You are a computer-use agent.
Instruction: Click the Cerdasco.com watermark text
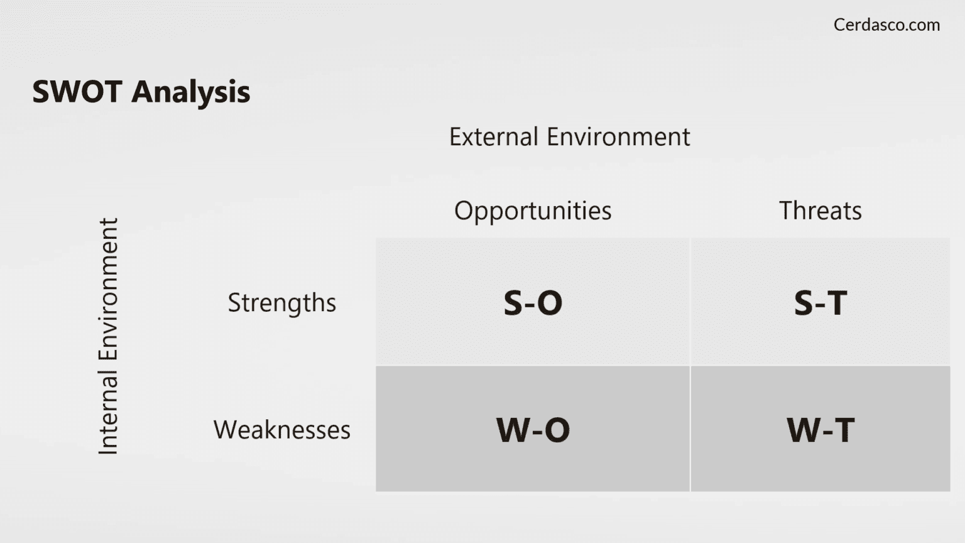point(886,25)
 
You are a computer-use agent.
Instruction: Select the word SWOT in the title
point(77,92)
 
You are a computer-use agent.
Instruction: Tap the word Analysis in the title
point(190,92)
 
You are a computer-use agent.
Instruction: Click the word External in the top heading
point(493,137)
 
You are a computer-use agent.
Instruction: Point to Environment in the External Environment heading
point(618,137)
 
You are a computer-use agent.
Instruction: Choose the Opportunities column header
point(532,211)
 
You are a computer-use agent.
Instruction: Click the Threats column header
point(820,211)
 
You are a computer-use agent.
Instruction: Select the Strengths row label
point(281,303)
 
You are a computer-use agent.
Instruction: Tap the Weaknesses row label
point(281,430)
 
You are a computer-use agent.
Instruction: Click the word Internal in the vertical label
point(108,412)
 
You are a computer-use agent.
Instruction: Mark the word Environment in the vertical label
point(108,289)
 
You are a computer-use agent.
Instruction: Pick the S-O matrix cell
point(532,302)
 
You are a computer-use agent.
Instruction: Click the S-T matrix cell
point(820,302)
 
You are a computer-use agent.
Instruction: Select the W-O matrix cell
point(532,429)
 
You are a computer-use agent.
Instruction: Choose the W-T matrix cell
point(820,429)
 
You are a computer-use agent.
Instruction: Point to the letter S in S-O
point(513,303)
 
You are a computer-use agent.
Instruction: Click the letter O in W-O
point(557,431)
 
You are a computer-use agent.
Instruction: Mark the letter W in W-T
point(803,431)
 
